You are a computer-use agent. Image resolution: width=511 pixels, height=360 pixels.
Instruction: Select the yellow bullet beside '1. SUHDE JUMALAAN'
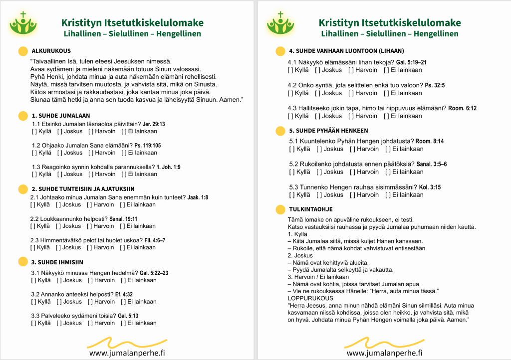pyautogui.click(x=22, y=116)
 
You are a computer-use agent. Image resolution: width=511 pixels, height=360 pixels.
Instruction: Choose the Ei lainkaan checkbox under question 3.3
pyautogui.click(x=124, y=323)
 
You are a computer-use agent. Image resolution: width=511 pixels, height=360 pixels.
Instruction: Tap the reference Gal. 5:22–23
pyautogui.click(x=154, y=273)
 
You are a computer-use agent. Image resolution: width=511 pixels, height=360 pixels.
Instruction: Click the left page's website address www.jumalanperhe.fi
pyautogui.click(x=127, y=353)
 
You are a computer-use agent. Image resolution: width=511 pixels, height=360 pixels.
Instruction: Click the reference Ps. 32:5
pyautogui.click(x=435, y=85)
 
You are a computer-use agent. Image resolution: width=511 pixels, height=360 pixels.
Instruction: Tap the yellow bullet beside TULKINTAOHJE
pyautogui.click(x=280, y=209)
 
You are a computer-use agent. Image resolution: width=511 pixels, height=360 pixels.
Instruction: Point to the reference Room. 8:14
pyautogui.click(x=430, y=141)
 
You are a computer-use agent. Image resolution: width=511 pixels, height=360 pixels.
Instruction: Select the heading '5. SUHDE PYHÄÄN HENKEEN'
pyautogui.click(x=329, y=131)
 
